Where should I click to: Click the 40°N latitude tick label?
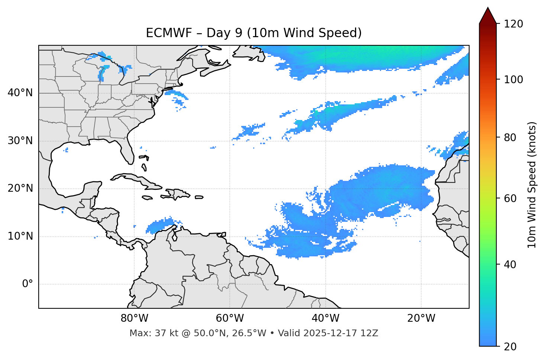tap(20, 93)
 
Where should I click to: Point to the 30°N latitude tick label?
tap(20, 141)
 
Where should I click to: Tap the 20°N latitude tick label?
tap(20, 188)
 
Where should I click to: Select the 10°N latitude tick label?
tap(20, 236)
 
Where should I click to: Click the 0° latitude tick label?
tap(27, 284)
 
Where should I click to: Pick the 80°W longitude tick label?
tap(134, 318)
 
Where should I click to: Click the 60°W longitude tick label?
tap(230, 318)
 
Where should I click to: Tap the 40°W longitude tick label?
tap(325, 318)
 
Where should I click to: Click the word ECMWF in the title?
tap(169, 33)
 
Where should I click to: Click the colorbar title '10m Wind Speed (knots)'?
tap(532, 185)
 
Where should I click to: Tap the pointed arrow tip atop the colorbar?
tap(488, 8)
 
